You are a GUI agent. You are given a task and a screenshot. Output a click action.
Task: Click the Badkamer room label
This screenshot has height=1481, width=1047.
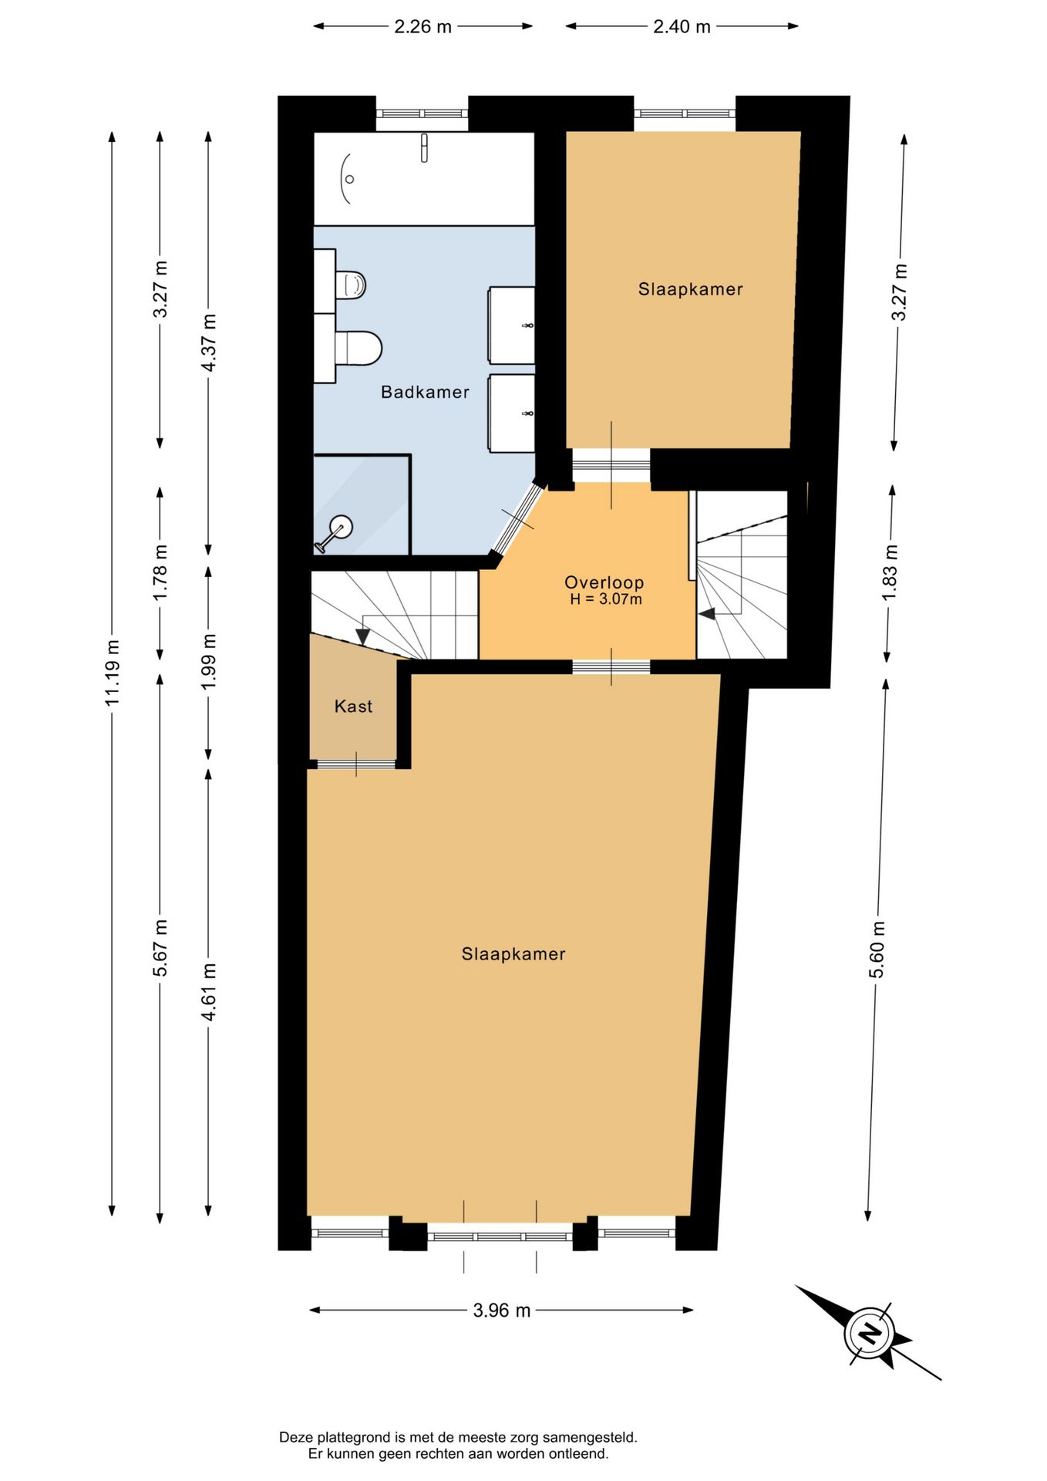pyautogui.click(x=425, y=392)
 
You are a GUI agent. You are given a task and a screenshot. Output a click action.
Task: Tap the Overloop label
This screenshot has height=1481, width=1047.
pyautogui.click(x=604, y=582)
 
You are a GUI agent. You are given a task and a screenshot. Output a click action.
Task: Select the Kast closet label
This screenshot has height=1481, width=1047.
pyautogui.click(x=353, y=706)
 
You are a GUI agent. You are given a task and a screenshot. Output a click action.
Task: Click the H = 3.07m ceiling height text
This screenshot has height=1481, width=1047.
pyautogui.click(x=605, y=599)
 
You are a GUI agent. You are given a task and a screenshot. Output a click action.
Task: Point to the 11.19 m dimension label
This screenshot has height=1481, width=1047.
pyautogui.click(x=113, y=672)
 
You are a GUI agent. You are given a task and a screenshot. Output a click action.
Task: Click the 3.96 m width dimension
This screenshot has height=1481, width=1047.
pyautogui.click(x=502, y=1310)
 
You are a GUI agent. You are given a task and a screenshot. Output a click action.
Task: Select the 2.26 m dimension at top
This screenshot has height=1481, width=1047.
pyautogui.click(x=423, y=26)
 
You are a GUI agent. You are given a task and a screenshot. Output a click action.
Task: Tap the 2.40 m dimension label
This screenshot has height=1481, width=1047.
pyautogui.click(x=682, y=26)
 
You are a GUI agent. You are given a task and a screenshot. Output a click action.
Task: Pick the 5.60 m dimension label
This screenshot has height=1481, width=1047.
pyautogui.click(x=877, y=950)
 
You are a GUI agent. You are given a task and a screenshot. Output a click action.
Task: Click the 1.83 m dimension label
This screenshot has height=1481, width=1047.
pyautogui.click(x=890, y=573)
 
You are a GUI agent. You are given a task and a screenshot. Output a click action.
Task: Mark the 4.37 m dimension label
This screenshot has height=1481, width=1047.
pyautogui.click(x=208, y=342)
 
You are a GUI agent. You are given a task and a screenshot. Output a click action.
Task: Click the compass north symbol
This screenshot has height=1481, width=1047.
pyautogui.click(x=870, y=1333)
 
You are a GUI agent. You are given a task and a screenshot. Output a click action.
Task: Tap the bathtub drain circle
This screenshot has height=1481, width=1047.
pyautogui.click(x=349, y=179)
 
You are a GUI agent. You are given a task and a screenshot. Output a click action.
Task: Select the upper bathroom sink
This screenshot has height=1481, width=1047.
pyautogui.click(x=512, y=325)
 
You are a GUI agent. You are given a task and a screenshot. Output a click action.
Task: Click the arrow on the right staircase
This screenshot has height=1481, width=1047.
pyautogui.click(x=706, y=614)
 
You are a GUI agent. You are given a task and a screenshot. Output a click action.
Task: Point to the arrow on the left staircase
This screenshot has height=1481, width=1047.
pyautogui.click(x=363, y=637)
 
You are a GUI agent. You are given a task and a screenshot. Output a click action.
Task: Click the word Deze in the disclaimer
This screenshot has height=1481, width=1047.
pyautogui.click(x=296, y=1437)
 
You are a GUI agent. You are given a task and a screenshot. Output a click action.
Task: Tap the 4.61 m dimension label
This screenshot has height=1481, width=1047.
pyautogui.click(x=208, y=991)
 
